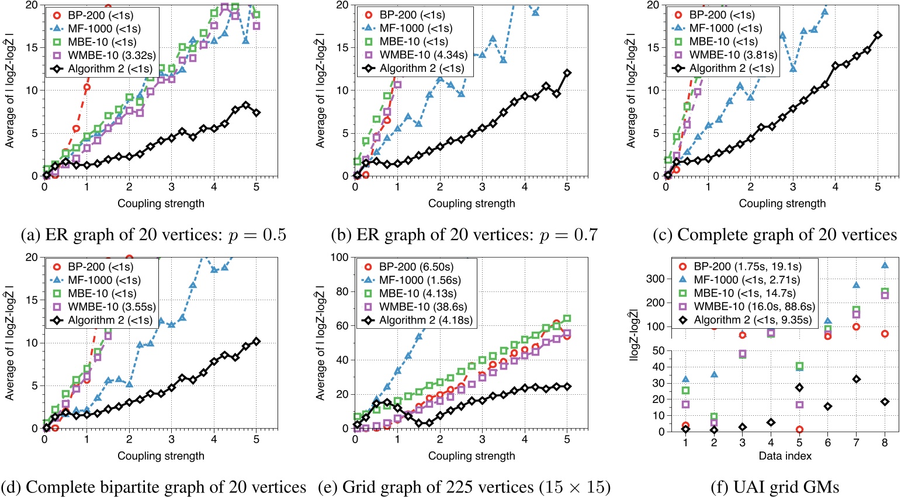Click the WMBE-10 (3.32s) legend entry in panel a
[102, 55]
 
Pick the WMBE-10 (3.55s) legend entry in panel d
[102, 307]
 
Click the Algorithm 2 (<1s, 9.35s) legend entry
[744, 319]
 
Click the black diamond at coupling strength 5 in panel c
[878, 36]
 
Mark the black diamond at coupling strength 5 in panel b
[567, 73]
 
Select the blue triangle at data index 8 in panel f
[885, 265]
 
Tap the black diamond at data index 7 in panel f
[856, 379]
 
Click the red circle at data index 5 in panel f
[799, 429]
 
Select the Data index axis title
[785, 456]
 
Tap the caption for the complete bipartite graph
[154, 486]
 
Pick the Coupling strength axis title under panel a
[161, 203]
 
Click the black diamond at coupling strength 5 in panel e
[567, 387]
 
